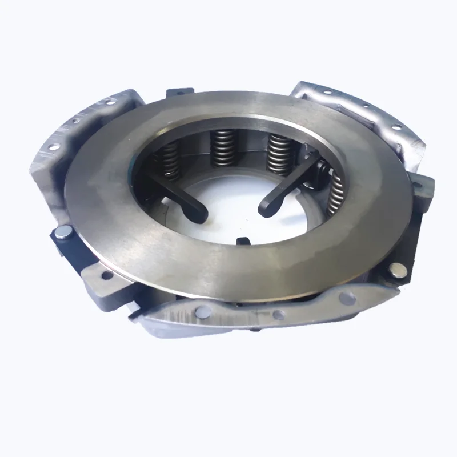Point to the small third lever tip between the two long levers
click(243, 240)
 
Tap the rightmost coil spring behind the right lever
click(336, 191)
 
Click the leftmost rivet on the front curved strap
click(202, 311)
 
